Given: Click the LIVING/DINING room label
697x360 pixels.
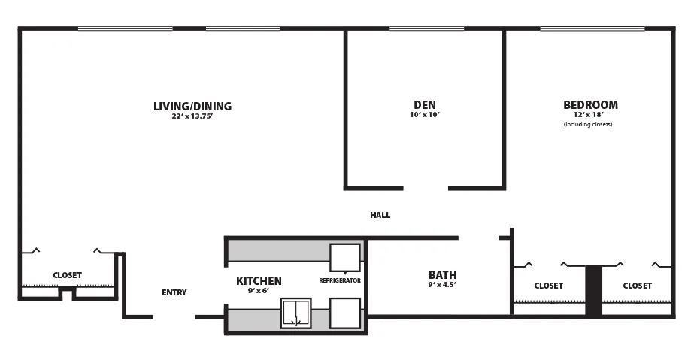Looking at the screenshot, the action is pos(192,106).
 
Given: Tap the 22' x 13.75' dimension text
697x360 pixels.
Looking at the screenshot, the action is pos(192,116).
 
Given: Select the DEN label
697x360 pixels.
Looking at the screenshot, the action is pos(425,105).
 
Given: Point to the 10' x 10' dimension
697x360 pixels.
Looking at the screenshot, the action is pos(425,115).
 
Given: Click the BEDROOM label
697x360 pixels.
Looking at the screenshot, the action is pos(590,105).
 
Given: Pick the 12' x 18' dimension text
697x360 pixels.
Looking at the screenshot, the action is pos(588,115).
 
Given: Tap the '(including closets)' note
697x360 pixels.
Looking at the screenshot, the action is pos(588,125).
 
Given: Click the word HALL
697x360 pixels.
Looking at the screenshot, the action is pos(380,215).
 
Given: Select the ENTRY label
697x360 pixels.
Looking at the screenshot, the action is pos(174,292).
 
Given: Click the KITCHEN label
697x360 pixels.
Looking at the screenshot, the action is pos(259,281).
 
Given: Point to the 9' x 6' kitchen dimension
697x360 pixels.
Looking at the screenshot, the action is pos(258,291).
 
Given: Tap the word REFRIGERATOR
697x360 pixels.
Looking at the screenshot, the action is pos(340,280).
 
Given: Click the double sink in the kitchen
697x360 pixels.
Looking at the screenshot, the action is pos(295,313).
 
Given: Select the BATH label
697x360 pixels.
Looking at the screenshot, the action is pos(442,274).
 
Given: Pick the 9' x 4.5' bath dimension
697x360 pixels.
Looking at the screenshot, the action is pos(442,284).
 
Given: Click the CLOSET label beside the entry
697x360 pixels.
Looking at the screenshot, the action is pos(67,275).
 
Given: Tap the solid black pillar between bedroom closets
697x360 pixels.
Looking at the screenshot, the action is pos(593,291).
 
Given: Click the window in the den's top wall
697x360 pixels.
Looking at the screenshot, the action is pos(427,29).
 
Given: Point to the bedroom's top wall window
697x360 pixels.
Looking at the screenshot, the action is pos(592,29).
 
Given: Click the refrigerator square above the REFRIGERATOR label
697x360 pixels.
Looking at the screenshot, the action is pos(345,257).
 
